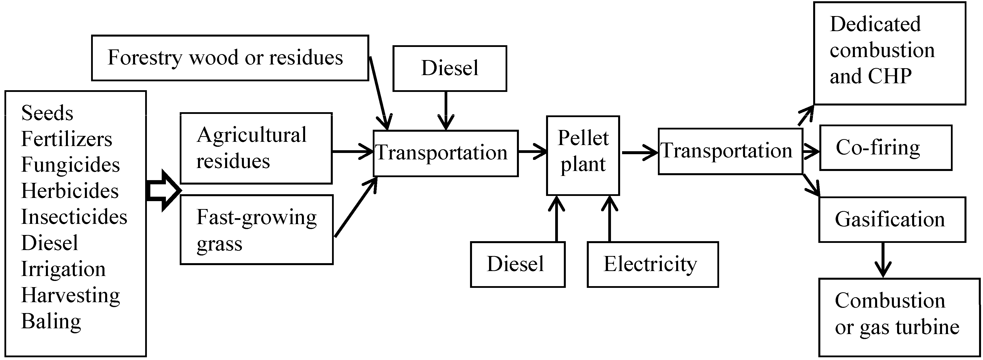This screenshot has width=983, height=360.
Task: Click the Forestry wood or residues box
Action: coord(230,58)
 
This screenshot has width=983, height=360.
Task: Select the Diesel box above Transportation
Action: coord(450,68)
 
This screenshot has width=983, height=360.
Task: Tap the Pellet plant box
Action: coord(583,155)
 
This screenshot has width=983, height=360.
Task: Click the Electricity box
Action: coord(652,264)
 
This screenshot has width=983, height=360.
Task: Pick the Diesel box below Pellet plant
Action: coord(517,264)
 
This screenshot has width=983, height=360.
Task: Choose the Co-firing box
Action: coord(885,148)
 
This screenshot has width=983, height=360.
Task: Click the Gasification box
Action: coord(892,219)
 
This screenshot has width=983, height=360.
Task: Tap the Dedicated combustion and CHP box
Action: coord(889,53)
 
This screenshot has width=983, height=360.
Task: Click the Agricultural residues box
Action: coord(256,148)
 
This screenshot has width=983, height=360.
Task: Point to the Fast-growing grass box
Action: coord(256,230)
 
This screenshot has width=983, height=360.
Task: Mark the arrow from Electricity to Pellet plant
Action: coord(609,218)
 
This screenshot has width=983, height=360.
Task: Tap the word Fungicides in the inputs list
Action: coord(70,165)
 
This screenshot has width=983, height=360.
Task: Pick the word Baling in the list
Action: coord(51,321)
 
